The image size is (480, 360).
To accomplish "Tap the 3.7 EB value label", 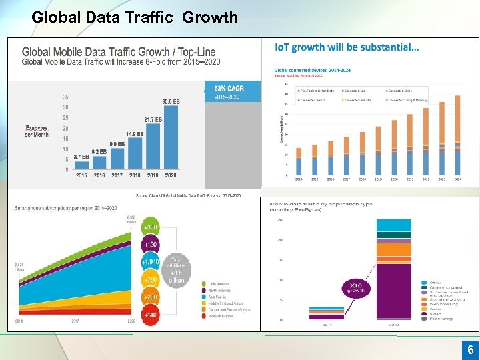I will tap(81, 156).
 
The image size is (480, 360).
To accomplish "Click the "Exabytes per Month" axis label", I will tap(37, 131).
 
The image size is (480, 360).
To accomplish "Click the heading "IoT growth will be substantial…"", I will tap(347, 47).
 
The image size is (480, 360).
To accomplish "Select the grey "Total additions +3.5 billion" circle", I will tap(176, 269).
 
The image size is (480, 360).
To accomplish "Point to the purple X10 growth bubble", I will tap(357, 289).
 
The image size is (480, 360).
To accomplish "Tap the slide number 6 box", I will tap(470, 349).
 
